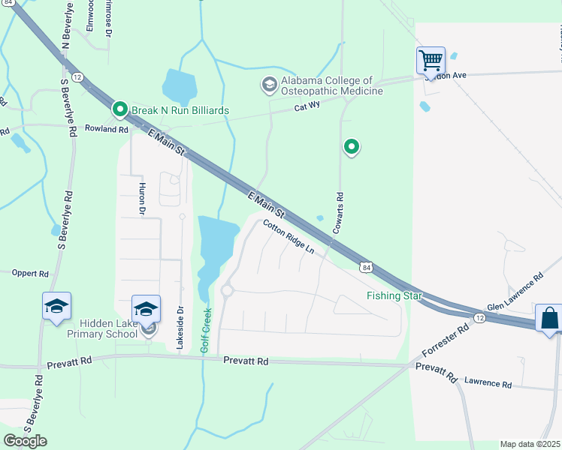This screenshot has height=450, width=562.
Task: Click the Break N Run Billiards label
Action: point(180,110)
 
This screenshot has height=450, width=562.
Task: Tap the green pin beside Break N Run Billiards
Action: point(119,109)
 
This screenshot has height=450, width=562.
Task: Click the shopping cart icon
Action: point(431,59)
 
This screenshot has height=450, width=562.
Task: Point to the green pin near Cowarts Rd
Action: point(350,147)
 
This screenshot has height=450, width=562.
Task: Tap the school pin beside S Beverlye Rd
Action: point(56,307)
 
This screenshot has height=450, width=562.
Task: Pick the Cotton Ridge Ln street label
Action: point(288,236)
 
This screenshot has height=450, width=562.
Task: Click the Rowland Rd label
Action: point(107,129)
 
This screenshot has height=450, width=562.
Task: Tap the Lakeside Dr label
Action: point(180,326)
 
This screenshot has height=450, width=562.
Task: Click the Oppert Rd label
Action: point(30,273)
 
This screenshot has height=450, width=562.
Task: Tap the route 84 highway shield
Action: point(364,266)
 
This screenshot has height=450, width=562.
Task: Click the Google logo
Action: point(25,440)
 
